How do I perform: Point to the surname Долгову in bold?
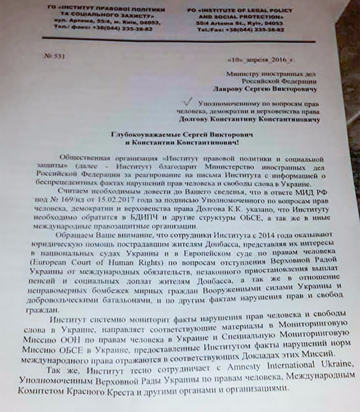point(194,119)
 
